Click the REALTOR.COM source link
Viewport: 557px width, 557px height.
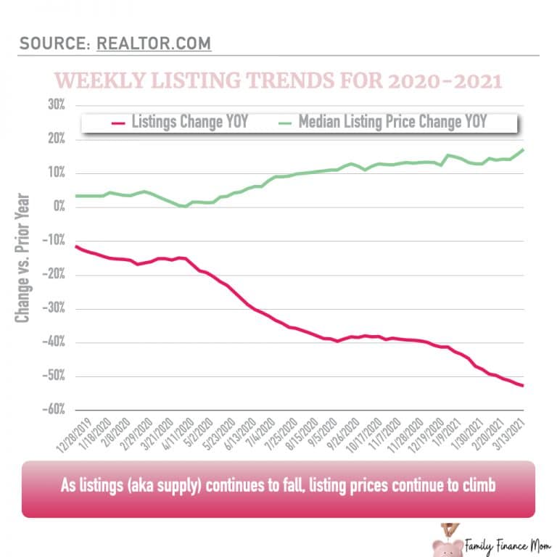[154, 44]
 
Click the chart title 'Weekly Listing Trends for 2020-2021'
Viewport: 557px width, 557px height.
[278, 80]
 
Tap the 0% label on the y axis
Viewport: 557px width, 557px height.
[57, 207]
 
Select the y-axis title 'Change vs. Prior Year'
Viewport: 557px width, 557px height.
[23, 257]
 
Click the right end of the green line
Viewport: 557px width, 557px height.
[524, 149]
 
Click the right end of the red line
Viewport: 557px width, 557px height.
[524, 385]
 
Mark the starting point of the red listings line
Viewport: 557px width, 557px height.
[75, 247]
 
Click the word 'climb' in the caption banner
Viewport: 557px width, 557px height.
[476, 485]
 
